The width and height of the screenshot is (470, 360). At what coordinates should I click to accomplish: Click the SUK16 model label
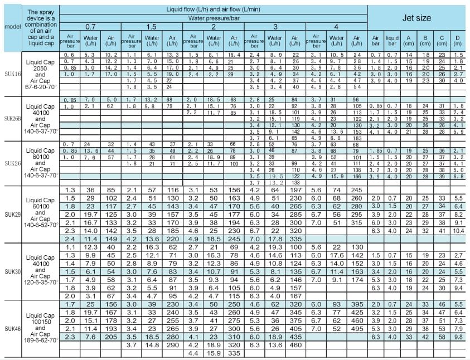[11, 74]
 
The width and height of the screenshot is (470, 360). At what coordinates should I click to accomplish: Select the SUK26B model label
[11, 119]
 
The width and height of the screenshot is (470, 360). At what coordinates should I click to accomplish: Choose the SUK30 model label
[11, 271]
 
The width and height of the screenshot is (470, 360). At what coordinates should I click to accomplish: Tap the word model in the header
[11, 27]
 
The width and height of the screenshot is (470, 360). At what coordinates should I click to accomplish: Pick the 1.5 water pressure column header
[152, 27]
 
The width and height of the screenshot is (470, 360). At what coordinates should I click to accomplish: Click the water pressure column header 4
[336, 27]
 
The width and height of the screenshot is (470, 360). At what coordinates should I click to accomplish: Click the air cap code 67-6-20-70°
[40, 87]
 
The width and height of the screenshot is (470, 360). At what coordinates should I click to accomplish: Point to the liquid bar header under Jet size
[393, 41]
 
